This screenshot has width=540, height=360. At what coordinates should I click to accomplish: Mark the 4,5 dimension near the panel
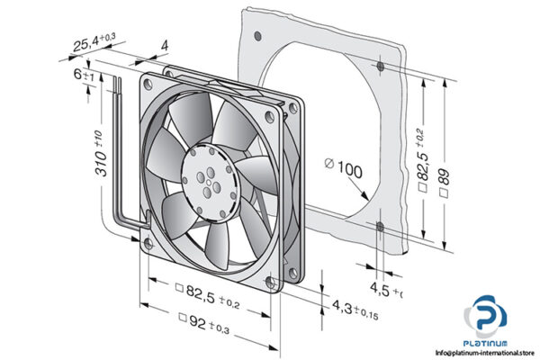(385, 290)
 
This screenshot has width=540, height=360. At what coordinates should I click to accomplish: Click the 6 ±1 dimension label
(84, 77)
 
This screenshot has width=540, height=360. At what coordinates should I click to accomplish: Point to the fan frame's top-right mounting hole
(270, 115)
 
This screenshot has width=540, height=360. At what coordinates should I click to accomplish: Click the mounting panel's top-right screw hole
(381, 66)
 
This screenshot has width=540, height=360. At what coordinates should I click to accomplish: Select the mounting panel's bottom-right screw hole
(381, 225)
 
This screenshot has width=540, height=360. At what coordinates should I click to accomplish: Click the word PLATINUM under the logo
(487, 342)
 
